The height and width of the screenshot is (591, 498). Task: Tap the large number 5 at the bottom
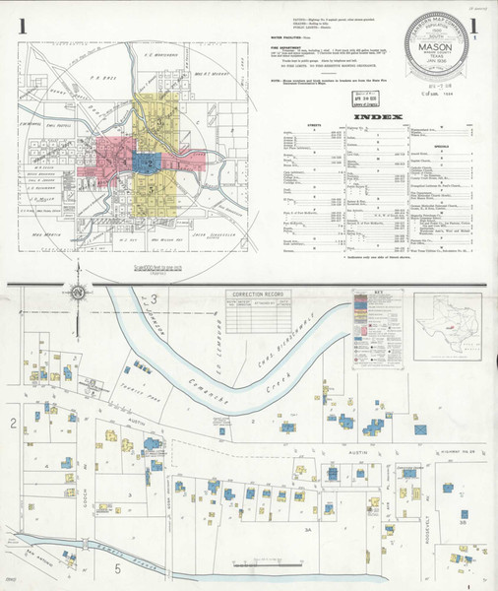pos(117,568)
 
